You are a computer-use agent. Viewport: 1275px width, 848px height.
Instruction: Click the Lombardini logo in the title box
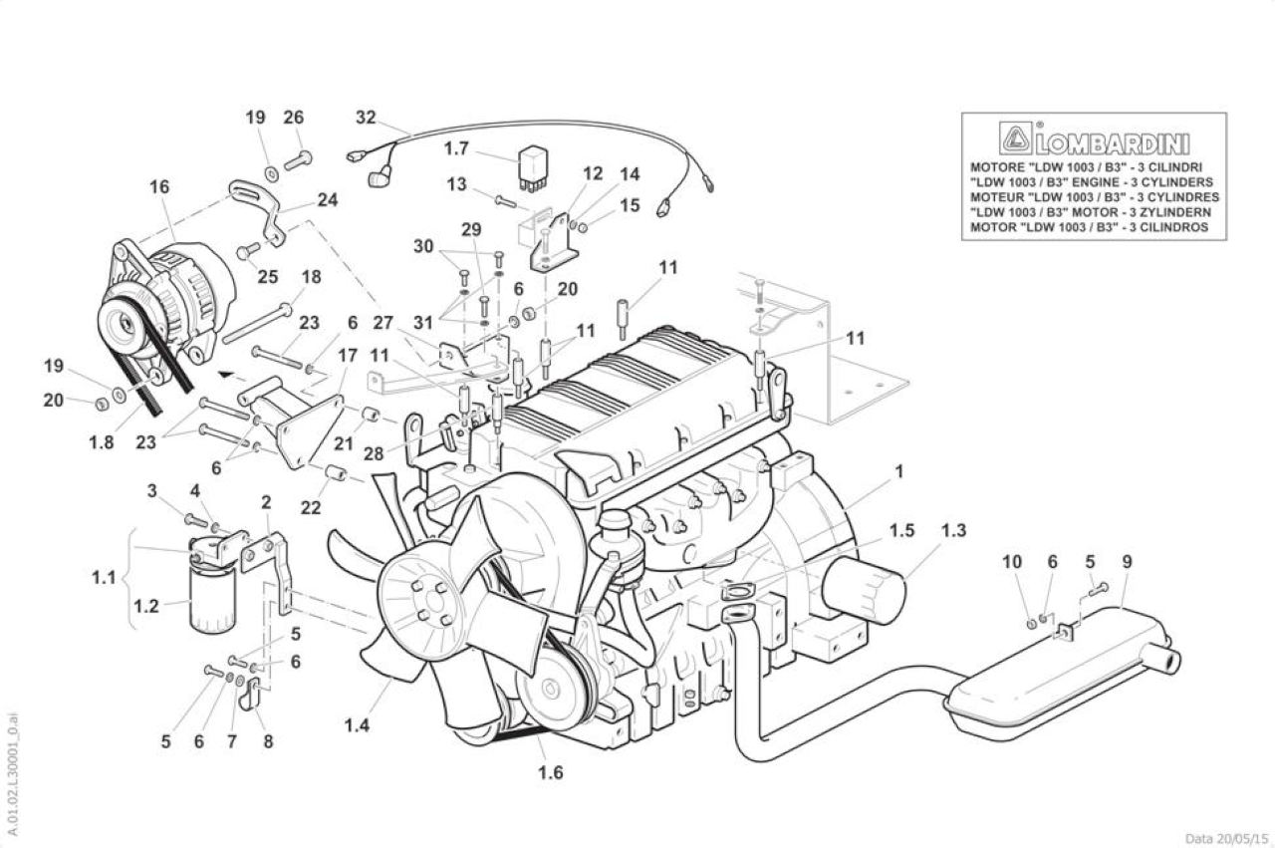pos(1095,140)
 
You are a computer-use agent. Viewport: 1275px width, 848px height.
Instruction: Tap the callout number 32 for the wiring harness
pos(366,118)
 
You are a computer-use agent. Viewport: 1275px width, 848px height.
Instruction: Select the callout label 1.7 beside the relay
pos(456,148)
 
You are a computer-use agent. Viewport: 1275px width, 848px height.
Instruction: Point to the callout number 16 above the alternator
pos(160,186)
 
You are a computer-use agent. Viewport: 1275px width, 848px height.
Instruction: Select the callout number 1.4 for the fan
pos(357,725)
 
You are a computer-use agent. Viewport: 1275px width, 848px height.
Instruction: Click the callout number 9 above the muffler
pos(1128,562)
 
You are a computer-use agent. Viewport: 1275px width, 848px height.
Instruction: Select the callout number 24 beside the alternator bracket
pos(328,200)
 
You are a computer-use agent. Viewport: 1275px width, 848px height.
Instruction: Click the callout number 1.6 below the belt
pos(551,772)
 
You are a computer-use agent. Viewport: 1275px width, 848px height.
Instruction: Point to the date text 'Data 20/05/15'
pos(1226,839)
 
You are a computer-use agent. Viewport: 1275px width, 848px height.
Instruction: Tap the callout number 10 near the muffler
pos(1012,562)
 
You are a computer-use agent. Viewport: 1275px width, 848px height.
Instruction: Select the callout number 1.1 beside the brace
pos(104,578)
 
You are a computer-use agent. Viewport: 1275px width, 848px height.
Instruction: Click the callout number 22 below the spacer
pos(311,507)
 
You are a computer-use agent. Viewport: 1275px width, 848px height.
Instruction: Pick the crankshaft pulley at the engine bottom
pos(550,691)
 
